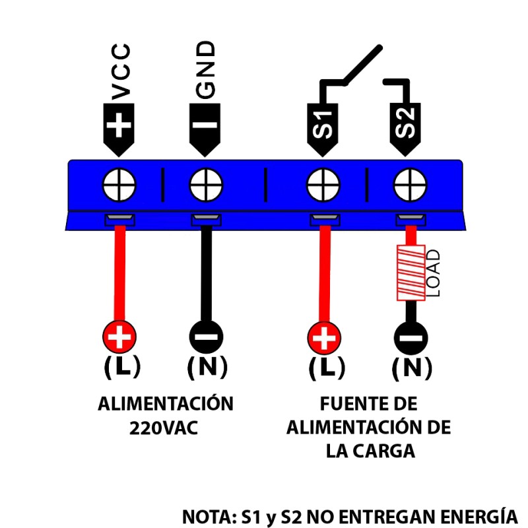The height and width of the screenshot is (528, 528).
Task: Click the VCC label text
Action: [x=121, y=72]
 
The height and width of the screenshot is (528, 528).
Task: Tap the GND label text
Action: [x=205, y=70]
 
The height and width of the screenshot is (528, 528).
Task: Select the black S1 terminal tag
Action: [x=322, y=129]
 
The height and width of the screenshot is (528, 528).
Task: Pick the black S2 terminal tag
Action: [x=405, y=129]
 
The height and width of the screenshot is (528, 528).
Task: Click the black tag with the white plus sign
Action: [x=119, y=129]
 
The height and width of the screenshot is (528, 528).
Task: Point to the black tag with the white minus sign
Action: [x=205, y=129]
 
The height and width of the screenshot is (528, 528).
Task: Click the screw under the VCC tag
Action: [x=119, y=185]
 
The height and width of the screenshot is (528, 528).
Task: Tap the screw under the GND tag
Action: [x=206, y=185]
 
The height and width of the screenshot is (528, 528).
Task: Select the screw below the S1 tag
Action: [x=323, y=185]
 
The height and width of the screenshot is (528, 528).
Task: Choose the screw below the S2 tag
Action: [x=410, y=185]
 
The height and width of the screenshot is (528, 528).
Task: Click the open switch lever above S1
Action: [x=362, y=65]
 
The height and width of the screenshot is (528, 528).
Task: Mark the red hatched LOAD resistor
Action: [x=411, y=273]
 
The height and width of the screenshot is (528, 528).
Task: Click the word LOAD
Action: [x=433, y=273]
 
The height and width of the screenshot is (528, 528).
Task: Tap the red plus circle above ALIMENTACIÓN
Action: [x=119, y=337]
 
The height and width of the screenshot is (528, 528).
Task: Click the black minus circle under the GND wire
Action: [x=206, y=337]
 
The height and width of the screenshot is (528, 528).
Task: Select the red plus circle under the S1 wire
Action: [x=324, y=338]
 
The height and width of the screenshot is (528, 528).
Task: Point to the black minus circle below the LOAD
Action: [x=411, y=338]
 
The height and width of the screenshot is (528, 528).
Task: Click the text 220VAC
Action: [x=164, y=428]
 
